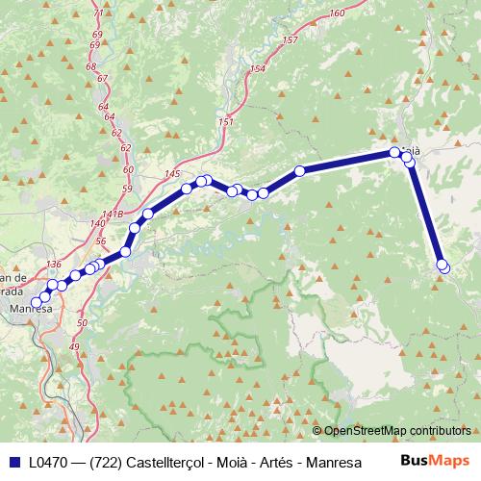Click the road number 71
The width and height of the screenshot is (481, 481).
click(98, 13)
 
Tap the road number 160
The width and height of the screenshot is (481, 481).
click(336, 13)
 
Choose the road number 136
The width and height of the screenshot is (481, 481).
click(53, 265)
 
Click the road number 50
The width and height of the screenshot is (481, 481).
click(82, 323)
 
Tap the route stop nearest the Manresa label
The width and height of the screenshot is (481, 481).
click(37, 302)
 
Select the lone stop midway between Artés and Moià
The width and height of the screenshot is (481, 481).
click(299, 171)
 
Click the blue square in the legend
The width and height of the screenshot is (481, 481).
click(14, 461)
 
